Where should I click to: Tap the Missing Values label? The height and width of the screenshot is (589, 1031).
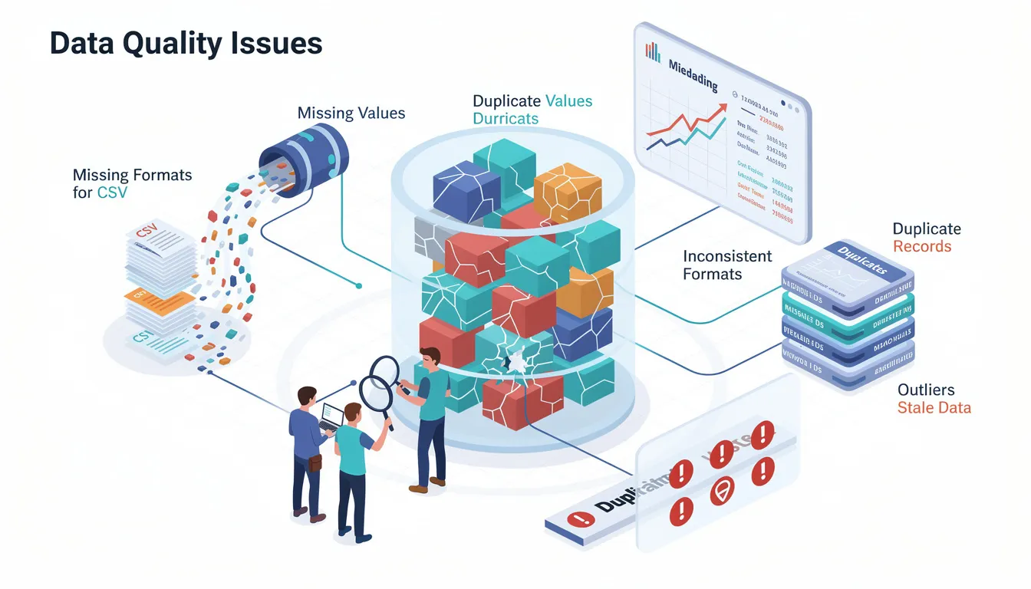[351, 114]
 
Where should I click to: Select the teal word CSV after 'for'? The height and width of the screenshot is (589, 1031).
[112, 192]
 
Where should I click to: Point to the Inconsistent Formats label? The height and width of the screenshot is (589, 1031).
[726, 265]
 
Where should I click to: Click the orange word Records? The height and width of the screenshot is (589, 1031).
[922, 246]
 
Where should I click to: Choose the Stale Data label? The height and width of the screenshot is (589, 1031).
[934, 407]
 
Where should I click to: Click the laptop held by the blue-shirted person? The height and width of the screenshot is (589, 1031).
[331, 416]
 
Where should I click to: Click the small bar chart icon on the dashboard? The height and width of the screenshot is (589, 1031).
[653, 51]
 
